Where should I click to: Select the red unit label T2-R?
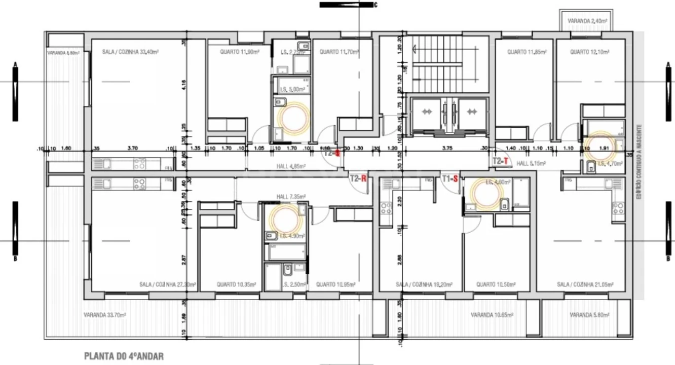tap(358, 178)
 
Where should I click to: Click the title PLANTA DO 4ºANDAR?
tap(124, 356)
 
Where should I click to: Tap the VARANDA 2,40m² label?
tap(587, 21)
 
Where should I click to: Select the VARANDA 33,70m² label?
tap(105, 315)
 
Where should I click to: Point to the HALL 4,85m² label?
tap(290, 166)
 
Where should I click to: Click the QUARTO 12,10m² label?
tap(589, 52)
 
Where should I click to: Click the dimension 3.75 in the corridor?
tap(447, 148)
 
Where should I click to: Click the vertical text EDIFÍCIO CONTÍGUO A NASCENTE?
tap(641, 161)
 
